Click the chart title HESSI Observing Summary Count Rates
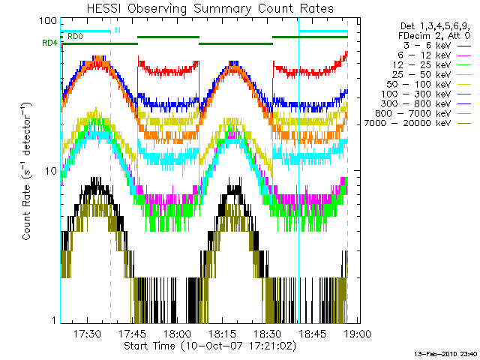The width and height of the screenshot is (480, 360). pyautogui.click(x=210, y=8)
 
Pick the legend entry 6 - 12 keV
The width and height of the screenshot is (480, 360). pyautogui.click(x=424, y=55)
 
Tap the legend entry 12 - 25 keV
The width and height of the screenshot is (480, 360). pyautogui.click(x=421, y=65)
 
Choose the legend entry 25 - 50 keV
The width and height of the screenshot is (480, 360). pyautogui.click(x=421, y=75)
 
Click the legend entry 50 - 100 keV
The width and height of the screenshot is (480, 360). pyautogui.click(x=418, y=85)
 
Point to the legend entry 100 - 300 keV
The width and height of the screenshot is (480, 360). pyautogui.click(x=416, y=94)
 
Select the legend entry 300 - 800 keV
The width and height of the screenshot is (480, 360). pyautogui.click(x=416, y=104)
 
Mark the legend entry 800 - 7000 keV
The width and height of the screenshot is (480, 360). pyautogui.click(x=413, y=114)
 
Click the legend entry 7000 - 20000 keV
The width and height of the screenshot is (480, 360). pyautogui.click(x=407, y=123)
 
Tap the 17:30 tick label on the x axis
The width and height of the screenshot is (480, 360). pyautogui.click(x=87, y=333)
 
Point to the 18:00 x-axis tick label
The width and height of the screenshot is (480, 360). pyautogui.click(x=178, y=333)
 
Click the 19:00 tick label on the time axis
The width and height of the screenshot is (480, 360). pyautogui.click(x=358, y=333)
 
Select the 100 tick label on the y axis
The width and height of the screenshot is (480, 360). pyautogui.click(x=48, y=21)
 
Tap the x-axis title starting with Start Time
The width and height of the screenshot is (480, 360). pyautogui.click(x=210, y=346)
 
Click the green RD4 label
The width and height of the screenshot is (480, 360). pyautogui.click(x=50, y=43)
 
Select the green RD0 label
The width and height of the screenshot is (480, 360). pyautogui.click(x=75, y=37)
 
